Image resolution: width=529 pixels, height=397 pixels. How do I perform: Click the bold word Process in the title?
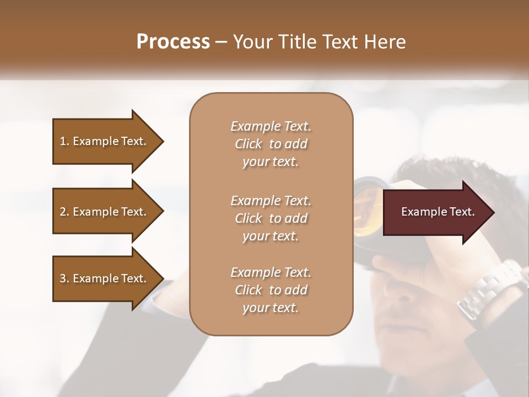click(173, 41)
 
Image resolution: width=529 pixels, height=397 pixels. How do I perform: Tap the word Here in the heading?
click(386, 41)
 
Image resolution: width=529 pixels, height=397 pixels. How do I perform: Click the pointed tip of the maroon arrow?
click(493, 212)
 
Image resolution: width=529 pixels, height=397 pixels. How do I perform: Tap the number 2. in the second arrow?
click(64, 212)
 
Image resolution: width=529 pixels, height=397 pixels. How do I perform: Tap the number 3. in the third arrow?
click(64, 278)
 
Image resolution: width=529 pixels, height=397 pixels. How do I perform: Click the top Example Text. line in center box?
click(271, 126)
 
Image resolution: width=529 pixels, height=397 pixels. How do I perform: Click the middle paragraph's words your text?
click(271, 236)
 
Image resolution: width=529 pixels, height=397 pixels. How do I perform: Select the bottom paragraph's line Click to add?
click(271, 290)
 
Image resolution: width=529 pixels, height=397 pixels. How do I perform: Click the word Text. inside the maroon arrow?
click(461, 212)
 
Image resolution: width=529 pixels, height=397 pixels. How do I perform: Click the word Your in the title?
click(251, 41)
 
